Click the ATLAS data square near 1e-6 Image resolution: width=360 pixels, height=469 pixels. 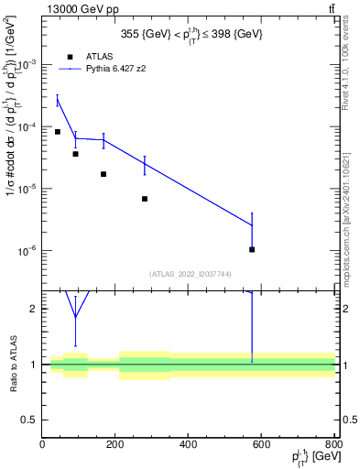(x=252, y=249)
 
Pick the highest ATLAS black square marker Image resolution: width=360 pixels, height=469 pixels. (x=58, y=132)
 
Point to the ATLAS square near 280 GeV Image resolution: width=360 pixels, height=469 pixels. (x=145, y=199)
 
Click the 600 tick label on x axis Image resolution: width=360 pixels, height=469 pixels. (x=261, y=445)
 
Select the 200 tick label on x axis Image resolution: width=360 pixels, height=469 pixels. (x=115, y=445)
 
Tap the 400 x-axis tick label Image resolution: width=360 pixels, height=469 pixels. (x=189, y=445)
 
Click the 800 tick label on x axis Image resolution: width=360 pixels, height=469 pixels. (x=333, y=445)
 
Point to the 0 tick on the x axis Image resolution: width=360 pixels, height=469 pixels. (x=42, y=445)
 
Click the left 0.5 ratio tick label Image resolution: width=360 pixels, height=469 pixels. (x=30, y=420)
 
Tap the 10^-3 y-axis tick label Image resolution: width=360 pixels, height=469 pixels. (x=27, y=65)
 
